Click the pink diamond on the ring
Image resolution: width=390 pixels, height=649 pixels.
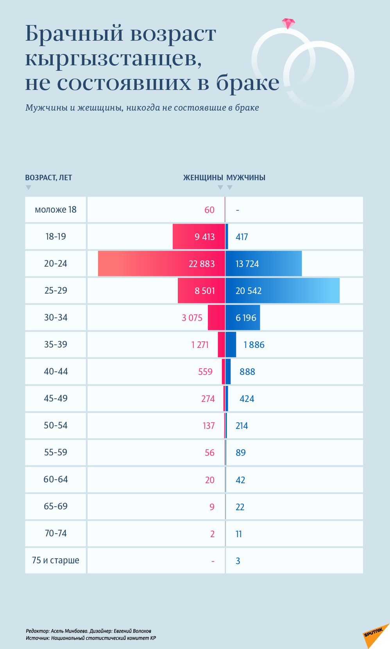(x=288, y=23)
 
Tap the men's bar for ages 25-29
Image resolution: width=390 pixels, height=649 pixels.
(x=282, y=290)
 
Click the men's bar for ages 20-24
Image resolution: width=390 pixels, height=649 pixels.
(x=263, y=264)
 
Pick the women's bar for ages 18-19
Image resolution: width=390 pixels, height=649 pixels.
(x=199, y=237)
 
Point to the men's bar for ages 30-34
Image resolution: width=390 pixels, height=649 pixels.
(x=243, y=317)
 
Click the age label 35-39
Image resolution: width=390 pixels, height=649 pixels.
(x=55, y=344)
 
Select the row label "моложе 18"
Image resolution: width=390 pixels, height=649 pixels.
(x=55, y=210)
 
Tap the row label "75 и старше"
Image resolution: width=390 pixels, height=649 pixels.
(x=55, y=560)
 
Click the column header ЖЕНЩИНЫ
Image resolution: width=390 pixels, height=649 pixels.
(x=203, y=177)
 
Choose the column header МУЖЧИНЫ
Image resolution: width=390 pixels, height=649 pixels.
(x=246, y=177)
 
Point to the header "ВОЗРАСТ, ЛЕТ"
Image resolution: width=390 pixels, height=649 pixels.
(x=48, y=177)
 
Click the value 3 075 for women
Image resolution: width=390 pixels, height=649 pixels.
(x=192, y=318)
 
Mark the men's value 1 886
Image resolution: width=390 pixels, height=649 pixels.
(x=254, y=345)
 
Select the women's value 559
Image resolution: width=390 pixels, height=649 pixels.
(x=205, y=372)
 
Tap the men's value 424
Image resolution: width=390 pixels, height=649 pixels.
(x=247, y=399)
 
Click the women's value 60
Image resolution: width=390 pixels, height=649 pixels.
(x=209, y=210)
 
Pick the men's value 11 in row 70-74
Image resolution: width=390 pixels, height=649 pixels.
(x=239, y=534)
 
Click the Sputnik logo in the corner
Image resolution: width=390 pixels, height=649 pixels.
(x=374, y=634)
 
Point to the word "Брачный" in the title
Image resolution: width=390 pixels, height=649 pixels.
(x=74, y=34)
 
